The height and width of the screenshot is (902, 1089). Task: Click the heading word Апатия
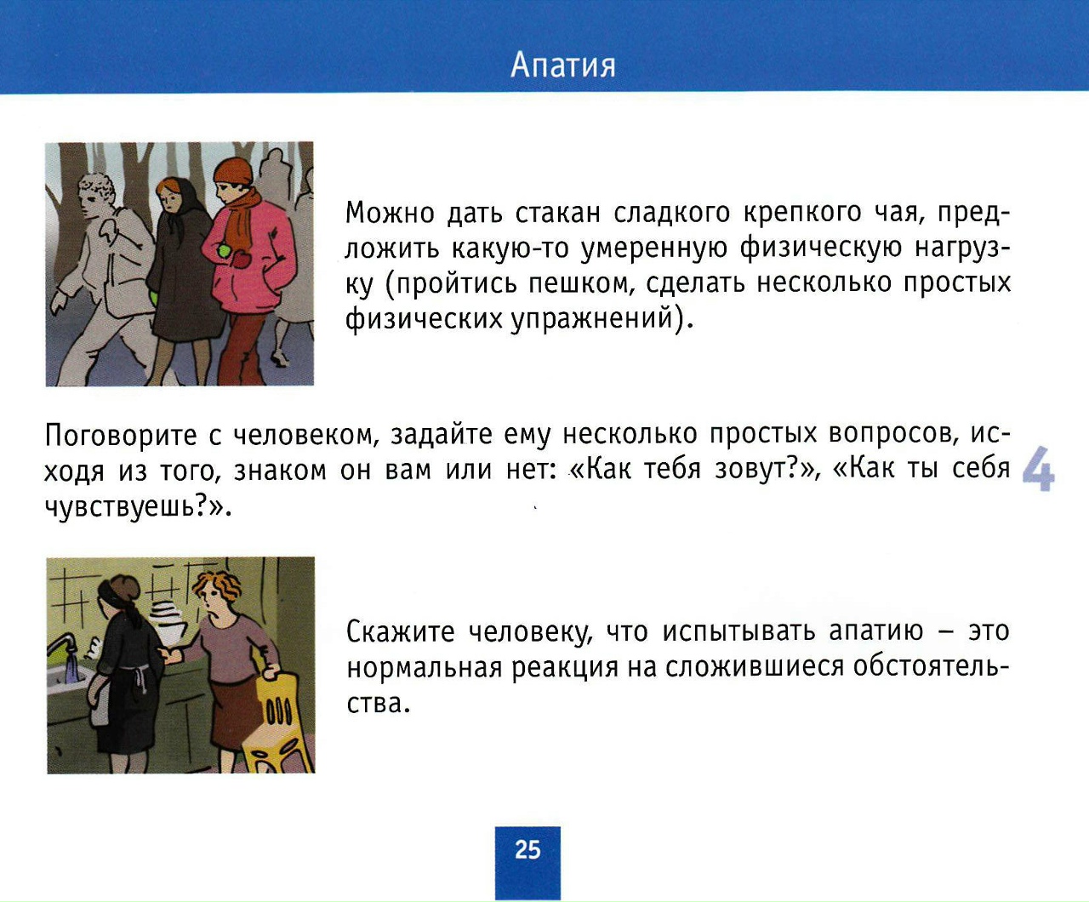point(562,66)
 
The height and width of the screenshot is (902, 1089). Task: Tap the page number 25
point(527,850)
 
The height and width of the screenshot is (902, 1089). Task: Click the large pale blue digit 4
point(1039,468)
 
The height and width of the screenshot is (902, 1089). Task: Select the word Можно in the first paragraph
point(389,213)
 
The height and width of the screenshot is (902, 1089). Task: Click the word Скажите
point(400,631)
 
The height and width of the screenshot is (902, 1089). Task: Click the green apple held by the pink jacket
point(225,251)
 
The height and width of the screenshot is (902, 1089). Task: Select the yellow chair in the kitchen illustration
point(276,725)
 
